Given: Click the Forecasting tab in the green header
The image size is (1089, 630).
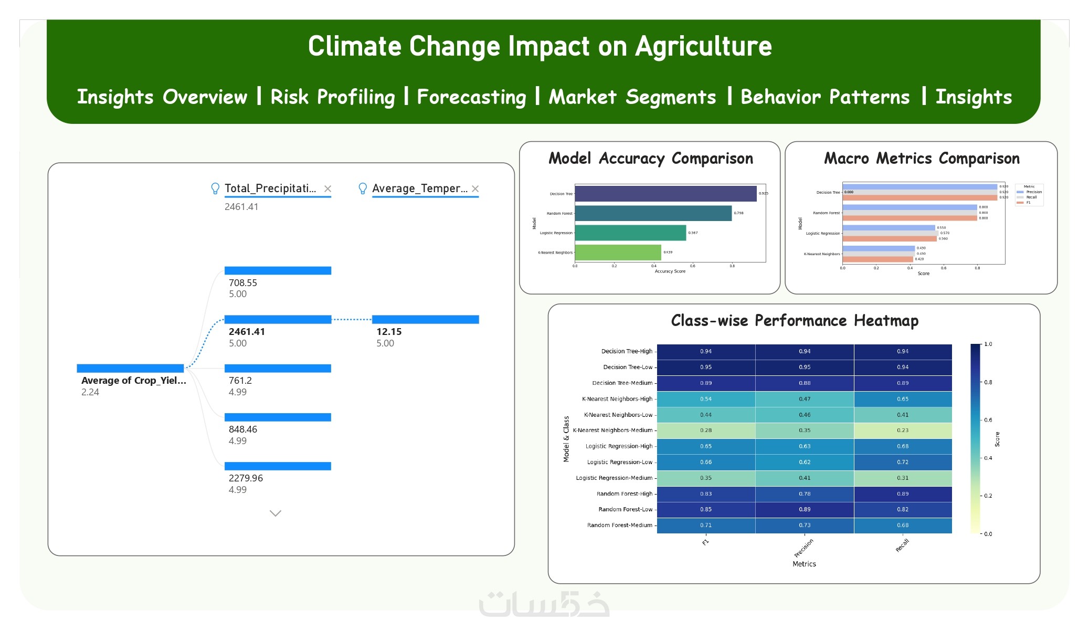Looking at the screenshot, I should [471, 97].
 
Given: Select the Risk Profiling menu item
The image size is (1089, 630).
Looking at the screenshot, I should [333, 97].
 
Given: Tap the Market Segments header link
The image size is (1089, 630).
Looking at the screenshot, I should [632, 97].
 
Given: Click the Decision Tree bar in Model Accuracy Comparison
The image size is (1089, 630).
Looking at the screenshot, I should [665, 194].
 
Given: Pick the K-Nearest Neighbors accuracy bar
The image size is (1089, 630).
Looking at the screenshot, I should [618, 253].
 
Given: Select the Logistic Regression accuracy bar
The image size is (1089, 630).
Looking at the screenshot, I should [630, 233].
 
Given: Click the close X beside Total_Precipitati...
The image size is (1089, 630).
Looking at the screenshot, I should [327, 188].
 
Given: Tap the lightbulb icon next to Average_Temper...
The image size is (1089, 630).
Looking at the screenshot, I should [362, 188].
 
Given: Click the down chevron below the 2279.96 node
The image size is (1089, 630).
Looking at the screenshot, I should [276, 513].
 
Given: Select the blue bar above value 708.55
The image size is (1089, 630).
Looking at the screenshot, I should [278, 270].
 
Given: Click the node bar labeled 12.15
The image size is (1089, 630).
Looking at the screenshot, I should [425, 319].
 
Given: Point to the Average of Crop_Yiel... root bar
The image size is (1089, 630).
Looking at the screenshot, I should [130, 368].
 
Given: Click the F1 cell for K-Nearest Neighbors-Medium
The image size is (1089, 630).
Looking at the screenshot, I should [706, 430].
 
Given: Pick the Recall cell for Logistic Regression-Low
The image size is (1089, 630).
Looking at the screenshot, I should [903, 462].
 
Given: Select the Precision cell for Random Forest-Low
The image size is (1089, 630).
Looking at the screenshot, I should [805, 509].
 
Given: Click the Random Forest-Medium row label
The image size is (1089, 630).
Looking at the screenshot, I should [619, 525].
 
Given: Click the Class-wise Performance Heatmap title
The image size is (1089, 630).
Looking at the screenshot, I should [795, 320].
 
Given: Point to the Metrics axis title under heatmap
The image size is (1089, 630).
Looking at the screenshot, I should [804, 564].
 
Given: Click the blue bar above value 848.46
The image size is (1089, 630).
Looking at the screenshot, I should [278, 417].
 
